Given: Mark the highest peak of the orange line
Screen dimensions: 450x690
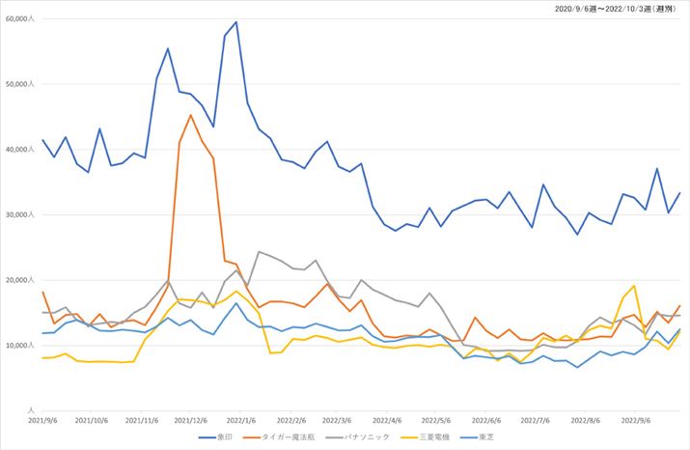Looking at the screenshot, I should coord(191,115).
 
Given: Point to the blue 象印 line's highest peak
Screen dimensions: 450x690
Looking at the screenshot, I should coord(236,22).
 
